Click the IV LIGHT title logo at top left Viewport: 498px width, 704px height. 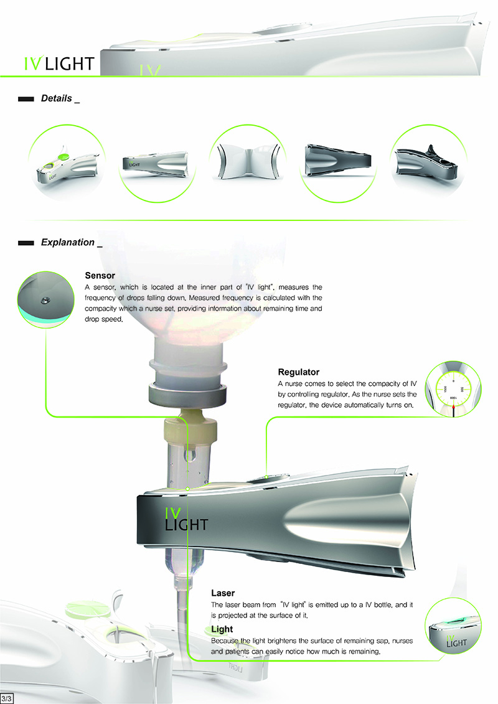[x=57, y=63]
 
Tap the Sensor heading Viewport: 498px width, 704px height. [x=100, y=275]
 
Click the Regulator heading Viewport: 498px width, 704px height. [x=299, y=372]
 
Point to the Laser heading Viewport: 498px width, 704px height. [x=223, y=593]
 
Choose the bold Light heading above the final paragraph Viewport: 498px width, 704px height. [x=222, y=629]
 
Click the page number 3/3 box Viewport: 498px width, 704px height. [x=8, y=697]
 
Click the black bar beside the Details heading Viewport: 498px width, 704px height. [x=26, y=99]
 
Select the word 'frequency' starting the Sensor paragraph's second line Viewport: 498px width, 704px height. [x=101, y=298]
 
